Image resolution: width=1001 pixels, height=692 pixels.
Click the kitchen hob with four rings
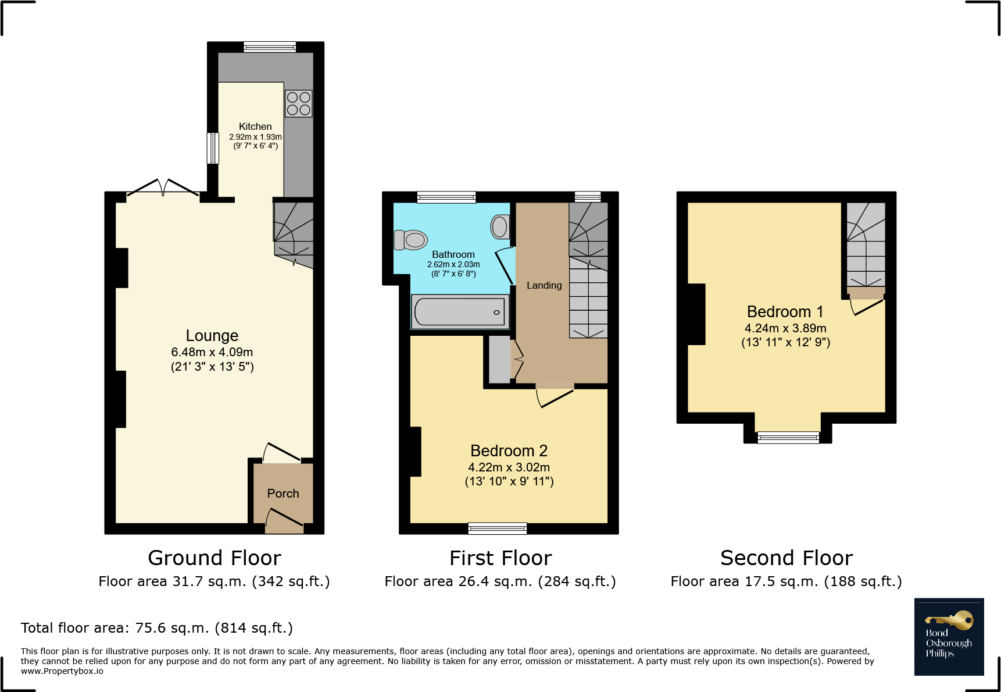pos(299,104)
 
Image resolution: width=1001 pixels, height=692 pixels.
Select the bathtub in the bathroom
pos(460,312)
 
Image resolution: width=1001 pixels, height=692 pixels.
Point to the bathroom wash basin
pos(500,227)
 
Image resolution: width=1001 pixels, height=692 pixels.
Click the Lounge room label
pos(212,336)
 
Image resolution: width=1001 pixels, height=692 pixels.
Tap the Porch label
pos(283,494)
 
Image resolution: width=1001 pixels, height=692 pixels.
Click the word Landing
pos(544,285)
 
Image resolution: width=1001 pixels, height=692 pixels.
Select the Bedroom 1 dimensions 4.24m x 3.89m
pos(785,328)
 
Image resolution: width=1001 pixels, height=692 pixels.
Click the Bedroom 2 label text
pos(509,451)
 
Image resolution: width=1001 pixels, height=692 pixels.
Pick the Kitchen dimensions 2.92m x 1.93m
pos(255,137)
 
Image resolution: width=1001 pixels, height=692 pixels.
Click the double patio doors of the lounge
pos(163,187)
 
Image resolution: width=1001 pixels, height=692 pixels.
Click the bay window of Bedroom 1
pos(788,437)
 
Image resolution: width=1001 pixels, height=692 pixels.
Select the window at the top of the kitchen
pos(270,47)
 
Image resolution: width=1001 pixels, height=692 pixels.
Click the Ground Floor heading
pos(214,558)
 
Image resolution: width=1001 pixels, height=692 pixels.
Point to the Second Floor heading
pos(786,558)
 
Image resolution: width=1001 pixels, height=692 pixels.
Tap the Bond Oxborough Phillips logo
pos(949,637)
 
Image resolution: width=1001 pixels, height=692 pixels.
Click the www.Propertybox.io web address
pos(62,671)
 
